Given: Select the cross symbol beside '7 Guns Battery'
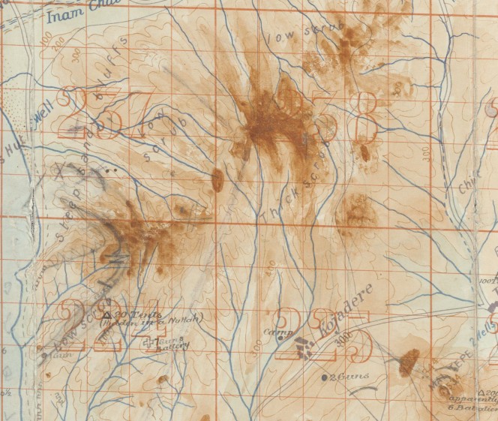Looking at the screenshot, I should [x=147, y=344].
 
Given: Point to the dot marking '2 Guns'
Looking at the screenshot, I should [x=324, y=377].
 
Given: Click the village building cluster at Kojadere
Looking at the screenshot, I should [x=303, y=347].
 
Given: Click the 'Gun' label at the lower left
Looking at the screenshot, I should [x=53, y=355].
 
